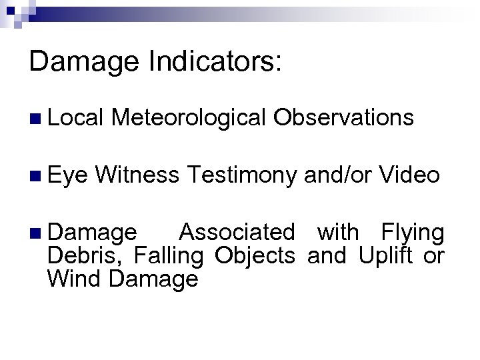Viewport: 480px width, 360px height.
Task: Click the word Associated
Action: pos(237,233)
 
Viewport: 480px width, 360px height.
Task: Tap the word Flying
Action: pos(413,234)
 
